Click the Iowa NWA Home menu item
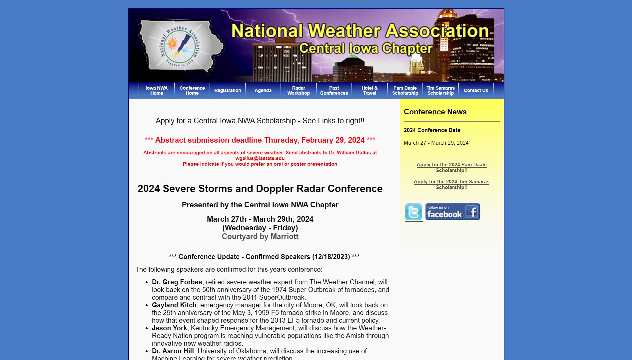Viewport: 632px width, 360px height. click(157, 90)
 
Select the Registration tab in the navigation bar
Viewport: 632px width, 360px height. click(228, 90)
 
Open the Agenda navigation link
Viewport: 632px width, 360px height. click(263, 90)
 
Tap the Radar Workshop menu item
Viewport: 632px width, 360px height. click(299, 90)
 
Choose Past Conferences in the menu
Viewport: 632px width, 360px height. click(334, 90)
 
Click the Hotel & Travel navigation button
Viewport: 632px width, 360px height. click(369, 90)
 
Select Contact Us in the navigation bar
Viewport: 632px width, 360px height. click(476, 90)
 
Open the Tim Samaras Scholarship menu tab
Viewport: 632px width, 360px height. click(440, 90)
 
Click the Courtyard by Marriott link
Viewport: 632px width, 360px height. click(260, 236)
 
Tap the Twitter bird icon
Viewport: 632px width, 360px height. click(413, 212)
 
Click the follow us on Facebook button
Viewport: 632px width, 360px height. click(452, 212)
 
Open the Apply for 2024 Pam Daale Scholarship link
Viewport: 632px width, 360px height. click(451, 167)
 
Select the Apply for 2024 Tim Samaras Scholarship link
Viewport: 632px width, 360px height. click(451, 184)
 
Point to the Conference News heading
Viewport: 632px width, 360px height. click(435, 112)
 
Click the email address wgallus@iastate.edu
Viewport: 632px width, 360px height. click(260, 158)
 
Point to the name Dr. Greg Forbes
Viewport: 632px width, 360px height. click(177, 282)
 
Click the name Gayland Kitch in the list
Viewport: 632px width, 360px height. click(174, 305)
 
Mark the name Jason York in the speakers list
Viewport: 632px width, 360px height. click(169, 328)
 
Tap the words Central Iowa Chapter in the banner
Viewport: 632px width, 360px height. click(366, 48)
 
